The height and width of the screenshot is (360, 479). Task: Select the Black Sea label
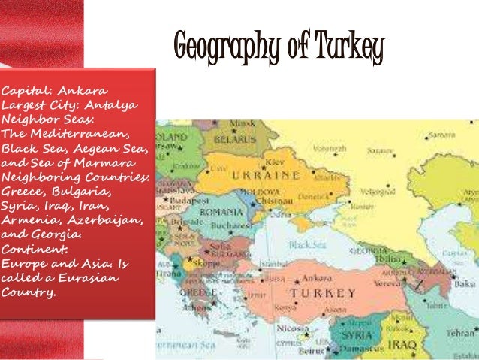tap(308, 245)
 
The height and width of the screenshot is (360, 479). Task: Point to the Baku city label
tap(465, 284)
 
